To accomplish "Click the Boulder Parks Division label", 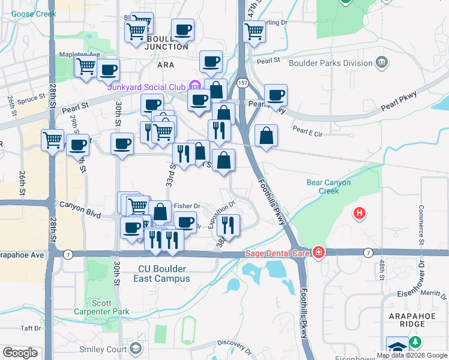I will (x=331, y=62).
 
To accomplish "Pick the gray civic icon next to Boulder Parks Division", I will (x=382, y=62).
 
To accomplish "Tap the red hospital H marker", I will (x=360, y=212).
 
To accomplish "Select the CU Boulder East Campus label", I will (x=163, y=274).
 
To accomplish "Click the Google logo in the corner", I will (x=20, y=353).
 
